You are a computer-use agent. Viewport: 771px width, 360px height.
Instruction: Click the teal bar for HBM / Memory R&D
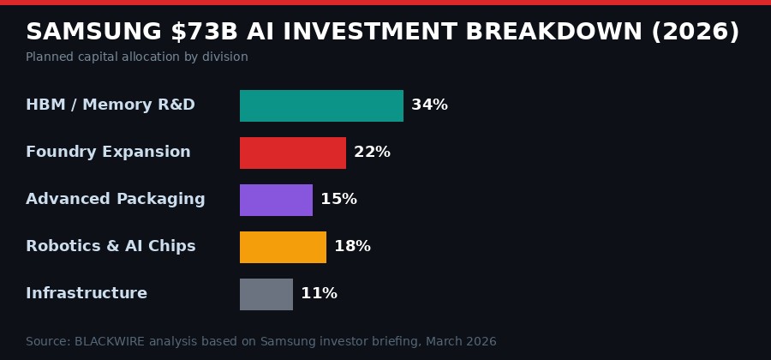coord(321,105)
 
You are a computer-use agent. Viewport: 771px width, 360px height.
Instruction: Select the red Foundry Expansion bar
coord(293,153)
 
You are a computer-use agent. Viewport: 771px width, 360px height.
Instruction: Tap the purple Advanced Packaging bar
coord(276,200)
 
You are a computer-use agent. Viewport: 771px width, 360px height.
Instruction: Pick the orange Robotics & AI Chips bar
coord(283,247)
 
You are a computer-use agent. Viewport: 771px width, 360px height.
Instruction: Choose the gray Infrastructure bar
coord(266,294)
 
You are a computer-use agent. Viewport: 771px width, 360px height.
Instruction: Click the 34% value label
coord(429,105)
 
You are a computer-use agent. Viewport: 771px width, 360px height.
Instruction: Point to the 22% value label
coord(372,153)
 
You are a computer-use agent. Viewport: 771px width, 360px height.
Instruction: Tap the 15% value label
coord(338,200)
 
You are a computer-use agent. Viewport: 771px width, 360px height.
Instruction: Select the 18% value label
coord(352,247)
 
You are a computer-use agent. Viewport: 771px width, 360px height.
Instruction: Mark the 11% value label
coord(319,294)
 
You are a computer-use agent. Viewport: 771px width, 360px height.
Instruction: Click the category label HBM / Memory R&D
coord(111,105)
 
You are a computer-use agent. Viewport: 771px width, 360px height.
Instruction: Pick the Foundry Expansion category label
coord(108,153)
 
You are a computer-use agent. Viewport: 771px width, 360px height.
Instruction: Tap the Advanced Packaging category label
coord(116,200)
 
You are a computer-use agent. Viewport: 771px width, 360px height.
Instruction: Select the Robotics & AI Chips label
coord(111,247)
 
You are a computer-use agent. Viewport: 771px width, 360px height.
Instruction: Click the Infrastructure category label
coord(87,294)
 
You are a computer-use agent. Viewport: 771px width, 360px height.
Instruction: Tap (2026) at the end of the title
coord(695,32)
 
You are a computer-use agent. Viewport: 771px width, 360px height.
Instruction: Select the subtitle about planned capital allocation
coord(137,57)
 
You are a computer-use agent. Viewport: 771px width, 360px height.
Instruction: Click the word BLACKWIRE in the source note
coord(111,342)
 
